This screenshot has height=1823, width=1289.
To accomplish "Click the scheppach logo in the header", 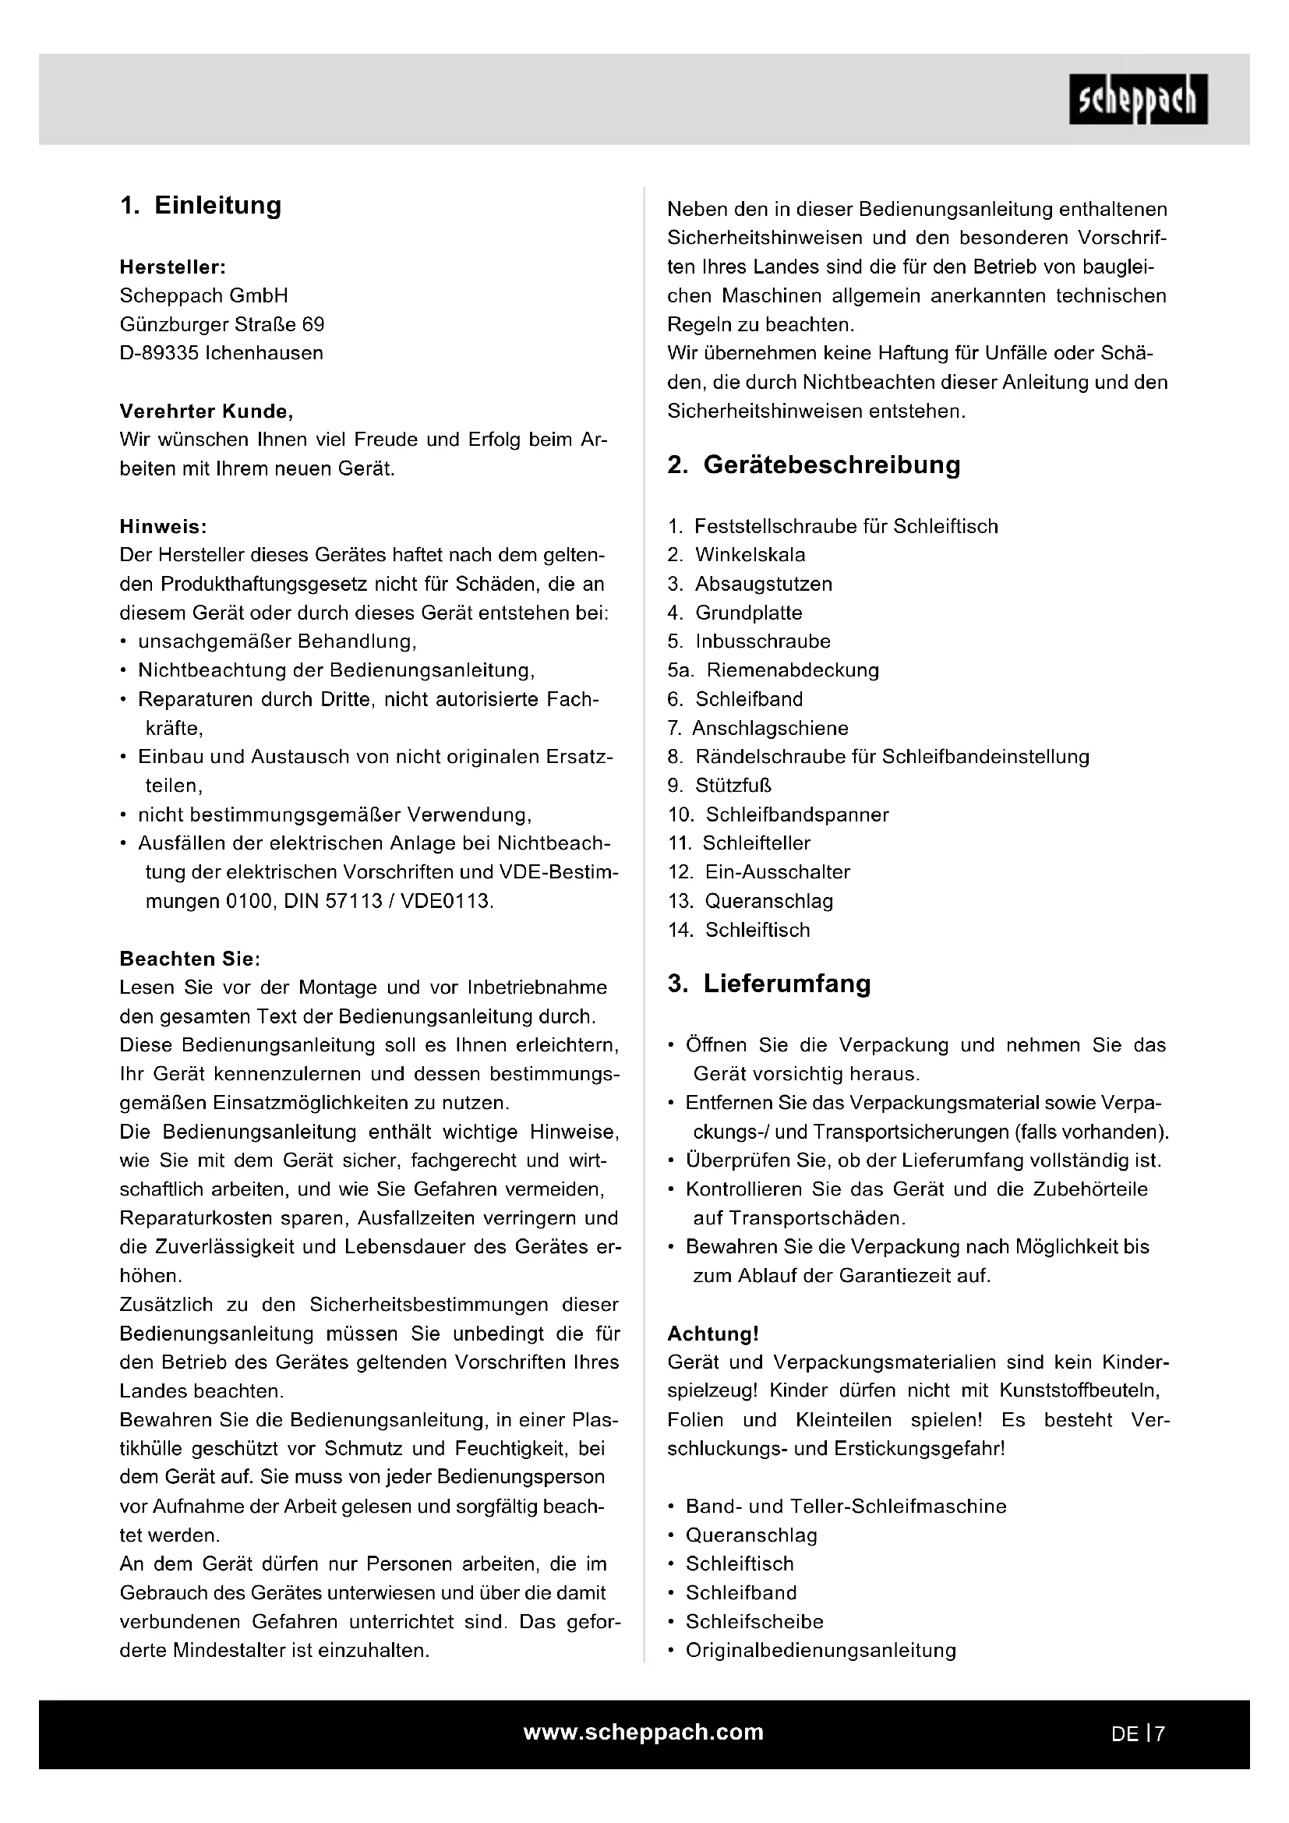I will (x=1137, y=99).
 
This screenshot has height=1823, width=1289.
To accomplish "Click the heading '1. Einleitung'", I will (x=201, y=206).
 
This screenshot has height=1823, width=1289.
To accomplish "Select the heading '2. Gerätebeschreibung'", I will (x=814, y=465).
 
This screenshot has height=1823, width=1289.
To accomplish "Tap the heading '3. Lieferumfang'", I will (x=769, y=984).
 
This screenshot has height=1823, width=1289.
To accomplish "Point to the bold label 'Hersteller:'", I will (x=172, y=267).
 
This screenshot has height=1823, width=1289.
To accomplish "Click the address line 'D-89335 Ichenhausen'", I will (x=221, y=353).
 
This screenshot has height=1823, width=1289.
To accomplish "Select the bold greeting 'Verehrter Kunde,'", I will (x=207, y=412).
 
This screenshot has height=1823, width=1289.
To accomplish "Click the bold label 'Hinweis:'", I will (x=163, y=526).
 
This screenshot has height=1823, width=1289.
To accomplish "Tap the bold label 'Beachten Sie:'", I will (x=189, y=959).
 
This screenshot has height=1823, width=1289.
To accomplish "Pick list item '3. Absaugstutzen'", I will (x=750, y=585).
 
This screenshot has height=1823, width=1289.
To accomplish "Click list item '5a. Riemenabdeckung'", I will (x=773, y=670).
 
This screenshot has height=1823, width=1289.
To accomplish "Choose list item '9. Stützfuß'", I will (x=719, y=786).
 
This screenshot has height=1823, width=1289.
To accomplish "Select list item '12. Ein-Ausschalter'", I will (x=759, y=872).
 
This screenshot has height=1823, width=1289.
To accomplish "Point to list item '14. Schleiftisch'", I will (x=739, y=930).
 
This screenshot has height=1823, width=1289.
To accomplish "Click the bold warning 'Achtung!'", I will (x=713, y=1333).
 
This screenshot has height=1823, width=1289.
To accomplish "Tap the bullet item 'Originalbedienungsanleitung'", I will (x=821, y=1650).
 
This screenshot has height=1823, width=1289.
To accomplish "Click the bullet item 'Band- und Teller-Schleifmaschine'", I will (x=846, y=1507).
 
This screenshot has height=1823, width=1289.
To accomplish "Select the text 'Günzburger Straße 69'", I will (x=222, y=325).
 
